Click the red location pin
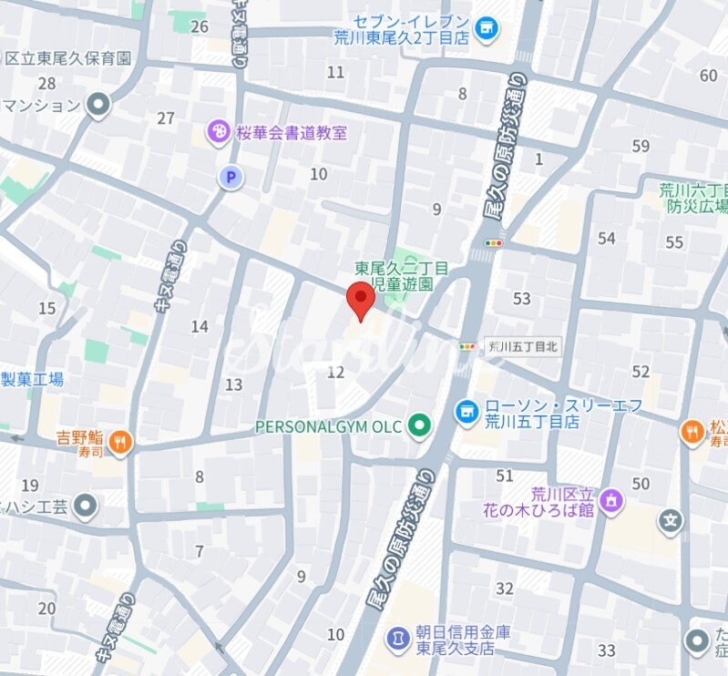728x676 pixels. (362, 300)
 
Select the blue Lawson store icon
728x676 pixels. (466, 413)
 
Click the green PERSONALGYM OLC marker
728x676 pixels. (419, 425)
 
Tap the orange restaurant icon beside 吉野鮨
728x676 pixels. (120, 444)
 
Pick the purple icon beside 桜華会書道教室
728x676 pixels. (219, 133)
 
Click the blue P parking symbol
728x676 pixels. (231, 178)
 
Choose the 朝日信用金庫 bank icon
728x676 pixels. (398, 640)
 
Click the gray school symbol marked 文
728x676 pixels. (672, 522)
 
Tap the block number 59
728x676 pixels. (641, 146)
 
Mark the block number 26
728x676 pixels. (200, 26)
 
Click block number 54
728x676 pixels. (607, 239)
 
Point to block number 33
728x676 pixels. (607, 650)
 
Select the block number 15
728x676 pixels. (46, 309)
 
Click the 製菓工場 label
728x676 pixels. (32, 379)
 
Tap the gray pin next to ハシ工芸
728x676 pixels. (87, 505)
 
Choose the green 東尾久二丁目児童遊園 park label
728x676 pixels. (401, 276)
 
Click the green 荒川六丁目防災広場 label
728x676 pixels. (692, 199)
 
